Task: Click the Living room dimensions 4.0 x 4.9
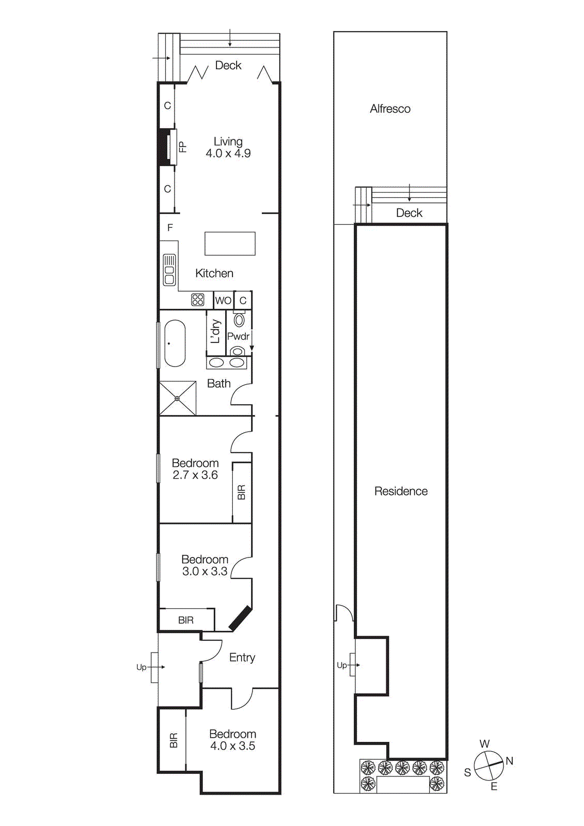pyautogui.click(x=228, y=153)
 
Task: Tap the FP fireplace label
pyautogui.click(x=182, y=147)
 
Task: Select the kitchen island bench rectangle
pyautogui.click(x=230, y=243)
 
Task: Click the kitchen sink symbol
pyautogui.click(x=169, y=269)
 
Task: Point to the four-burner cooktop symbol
pyautogui.click(x=197, y=300)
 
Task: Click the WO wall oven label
pyautogui.click(x=223, y=300)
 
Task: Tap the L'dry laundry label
pyautogui.click(x=216, y=331)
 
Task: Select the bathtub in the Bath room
pyautogui.click(x=175, y=343)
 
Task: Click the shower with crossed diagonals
pyautogui.click(x=177, y=398)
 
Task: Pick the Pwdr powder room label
pyautogui.click(x=238, y=336)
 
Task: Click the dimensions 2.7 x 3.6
pyautogui.click(x=195, y=475)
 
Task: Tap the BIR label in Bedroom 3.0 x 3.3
pyautogui.click(x=186, y=620)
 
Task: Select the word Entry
pyautogui.click(x=242, y=657)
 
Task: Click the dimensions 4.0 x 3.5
pyautogui.click(x=232, y=746)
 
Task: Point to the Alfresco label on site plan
pyautogui.click(x=390, y=109)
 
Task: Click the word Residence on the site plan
pyautogui.click(x=401, y=491)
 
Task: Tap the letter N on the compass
pyautogui.click(x=509, y=760)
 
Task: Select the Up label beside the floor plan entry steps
pyautogui.click(x=141, y=667)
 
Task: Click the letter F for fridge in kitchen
pyautogui.click(x=170, y=227)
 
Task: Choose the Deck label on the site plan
pyautogui.click(x=409, y=213)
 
